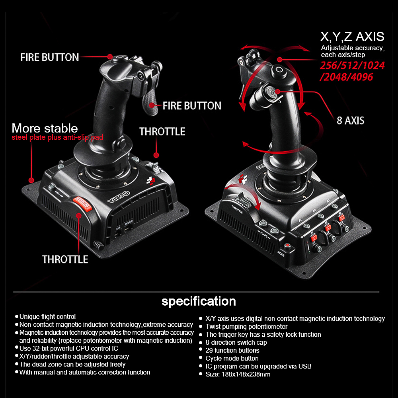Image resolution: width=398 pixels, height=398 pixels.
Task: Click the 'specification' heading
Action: click(x=199, y=301)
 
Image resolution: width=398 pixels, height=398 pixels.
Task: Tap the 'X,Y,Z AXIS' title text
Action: click(x=352, y=37)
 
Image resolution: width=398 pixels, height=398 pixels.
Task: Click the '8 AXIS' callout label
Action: click(x=350, y=121)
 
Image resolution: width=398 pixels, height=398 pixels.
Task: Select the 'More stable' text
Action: click(x=45, y=128)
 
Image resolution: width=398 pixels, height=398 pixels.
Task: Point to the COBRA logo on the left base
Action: click(x=119, y=197)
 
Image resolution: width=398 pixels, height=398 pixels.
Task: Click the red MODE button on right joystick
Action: click(x=287, y=246)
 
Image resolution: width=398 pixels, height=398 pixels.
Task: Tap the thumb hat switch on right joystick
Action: click(x=269, y=92)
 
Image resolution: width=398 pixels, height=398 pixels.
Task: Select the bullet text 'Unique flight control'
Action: click(x=47, y=316)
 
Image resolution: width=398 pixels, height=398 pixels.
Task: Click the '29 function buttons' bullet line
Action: click(x=232, y=350)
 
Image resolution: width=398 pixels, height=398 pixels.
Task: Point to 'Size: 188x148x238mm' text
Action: click(x=238, y=374)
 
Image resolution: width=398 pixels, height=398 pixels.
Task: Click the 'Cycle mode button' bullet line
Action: click(x=232, y=358)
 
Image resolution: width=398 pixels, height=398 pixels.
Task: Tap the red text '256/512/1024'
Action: click(x=352, y=66)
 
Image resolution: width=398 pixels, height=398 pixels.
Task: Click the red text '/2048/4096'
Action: click(x=346, y=77)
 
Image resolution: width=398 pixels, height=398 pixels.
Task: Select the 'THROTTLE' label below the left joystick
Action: click(x=65, y=259)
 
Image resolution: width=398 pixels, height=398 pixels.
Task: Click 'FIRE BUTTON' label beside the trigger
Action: click(x=192, y=106)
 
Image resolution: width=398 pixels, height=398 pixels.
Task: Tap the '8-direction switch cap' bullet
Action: click(x=236, y=342)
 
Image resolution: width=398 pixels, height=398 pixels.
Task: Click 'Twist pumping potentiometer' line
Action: click(x=246, y=326)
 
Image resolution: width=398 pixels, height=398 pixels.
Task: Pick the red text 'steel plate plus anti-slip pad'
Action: click(x=57, y=137)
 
